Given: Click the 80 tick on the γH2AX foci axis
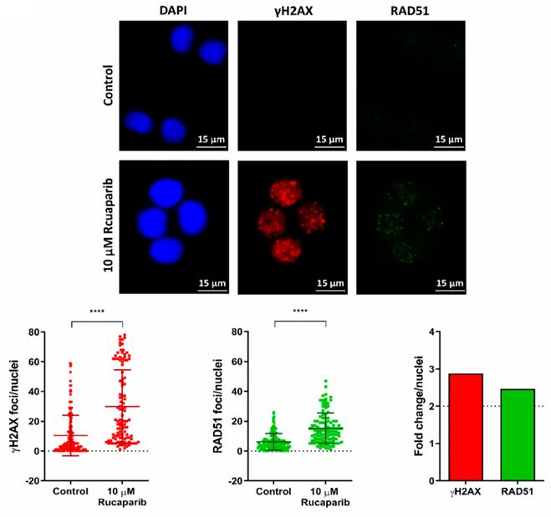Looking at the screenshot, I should point(34,332).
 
